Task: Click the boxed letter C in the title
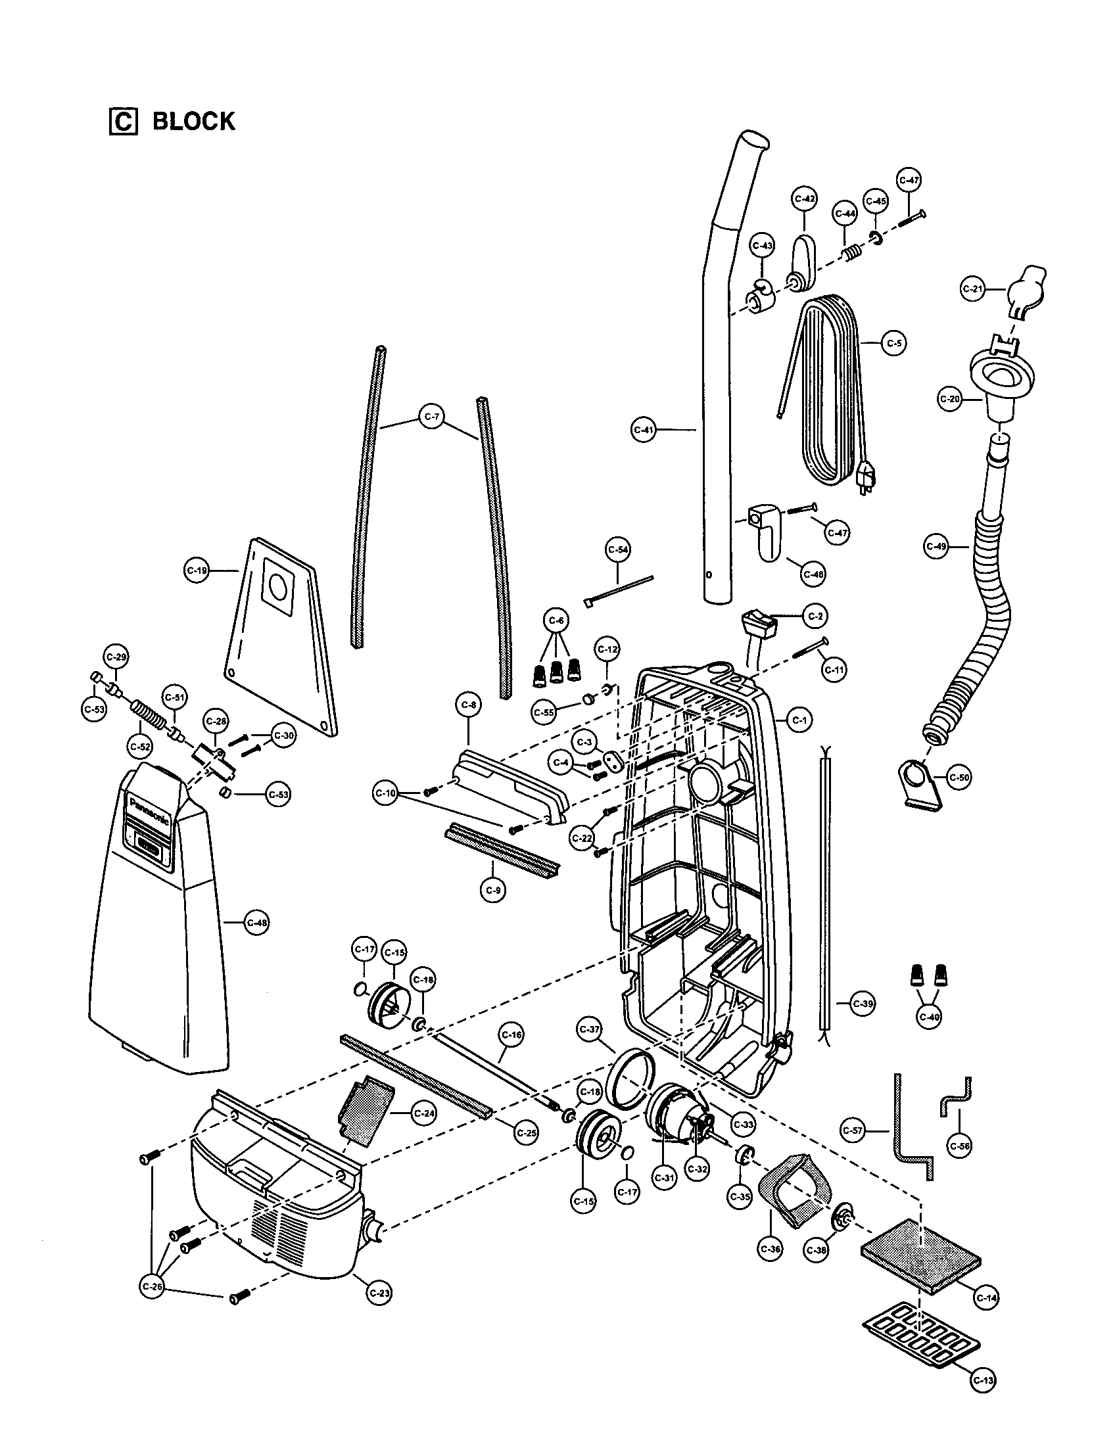(122, 122)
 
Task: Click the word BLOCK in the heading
(193, 122)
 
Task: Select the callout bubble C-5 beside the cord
(895, 344)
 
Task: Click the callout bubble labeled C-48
(256, 922)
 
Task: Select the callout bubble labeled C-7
(432, 417)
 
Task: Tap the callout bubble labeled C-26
(153, 1286)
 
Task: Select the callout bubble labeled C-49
(936, 547)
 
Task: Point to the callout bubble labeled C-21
(972, 289)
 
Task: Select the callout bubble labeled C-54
(618, 549)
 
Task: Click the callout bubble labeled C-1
(800, 720)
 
